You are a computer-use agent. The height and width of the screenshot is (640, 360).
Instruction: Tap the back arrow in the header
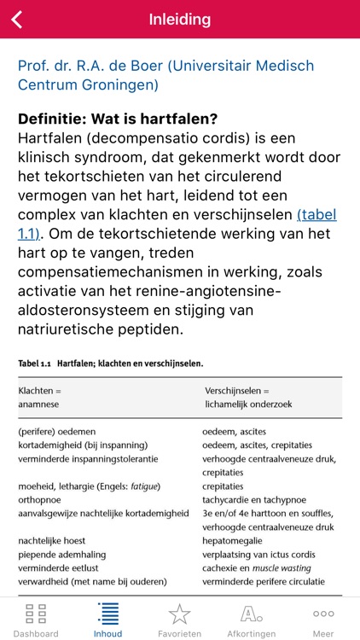pos(17,19)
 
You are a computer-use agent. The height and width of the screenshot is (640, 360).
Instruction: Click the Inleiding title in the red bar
pos(180,19)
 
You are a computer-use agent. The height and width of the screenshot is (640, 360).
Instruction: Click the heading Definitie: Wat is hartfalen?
pos(118,119)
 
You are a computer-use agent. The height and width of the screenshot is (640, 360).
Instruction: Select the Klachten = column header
pos(40,391)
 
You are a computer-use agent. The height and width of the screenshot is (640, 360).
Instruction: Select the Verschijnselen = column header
pos(240,391)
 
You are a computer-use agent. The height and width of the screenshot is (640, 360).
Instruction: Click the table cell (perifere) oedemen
pos(57,432)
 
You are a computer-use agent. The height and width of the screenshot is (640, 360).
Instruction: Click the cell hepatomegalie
pos(235,540)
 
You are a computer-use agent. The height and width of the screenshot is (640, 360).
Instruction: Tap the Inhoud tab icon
pos(108,614)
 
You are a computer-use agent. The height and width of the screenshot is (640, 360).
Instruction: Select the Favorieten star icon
pos(180,614)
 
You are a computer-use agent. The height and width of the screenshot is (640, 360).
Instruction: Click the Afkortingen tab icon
pos(252,614)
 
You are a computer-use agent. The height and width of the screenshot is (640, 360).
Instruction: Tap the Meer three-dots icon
pos(323,614)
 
